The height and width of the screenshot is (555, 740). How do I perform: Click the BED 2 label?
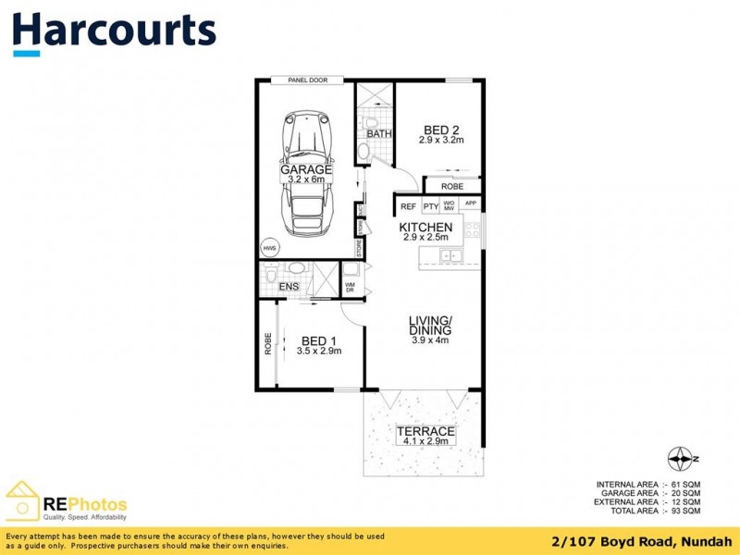440,129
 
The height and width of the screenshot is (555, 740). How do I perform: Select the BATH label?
379,134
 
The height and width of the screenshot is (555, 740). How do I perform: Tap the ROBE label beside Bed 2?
452,186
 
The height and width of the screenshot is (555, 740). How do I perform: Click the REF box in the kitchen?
408,205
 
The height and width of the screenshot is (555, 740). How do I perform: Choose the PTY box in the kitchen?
430,205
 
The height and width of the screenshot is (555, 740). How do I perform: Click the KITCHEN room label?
425,228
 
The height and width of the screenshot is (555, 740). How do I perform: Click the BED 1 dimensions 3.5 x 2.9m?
319,351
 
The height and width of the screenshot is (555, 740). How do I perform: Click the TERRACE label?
425,431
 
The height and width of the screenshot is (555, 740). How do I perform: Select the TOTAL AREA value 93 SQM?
684,511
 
